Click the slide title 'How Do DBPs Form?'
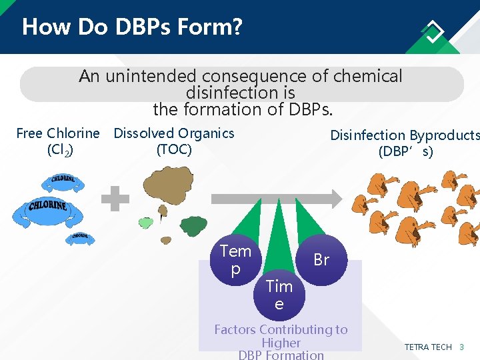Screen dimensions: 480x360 pos(132,27)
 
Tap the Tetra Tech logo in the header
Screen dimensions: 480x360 pos(433,31)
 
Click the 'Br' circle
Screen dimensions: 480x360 pos(321,260)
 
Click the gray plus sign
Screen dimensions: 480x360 pos(115,199)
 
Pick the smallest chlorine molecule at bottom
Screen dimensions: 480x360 pos(79,237)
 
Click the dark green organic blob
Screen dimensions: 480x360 pos(193,226)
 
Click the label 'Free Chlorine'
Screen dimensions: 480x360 pos(58,133)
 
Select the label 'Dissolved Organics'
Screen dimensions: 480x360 pos(174,133)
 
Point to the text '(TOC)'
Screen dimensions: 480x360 pos(174,149)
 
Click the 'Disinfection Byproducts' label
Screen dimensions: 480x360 pos(404,135)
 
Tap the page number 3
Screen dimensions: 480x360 pos(461,347)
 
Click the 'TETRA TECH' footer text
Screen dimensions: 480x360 pos(428,347)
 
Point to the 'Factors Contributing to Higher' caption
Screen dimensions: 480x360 pos(281,335)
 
